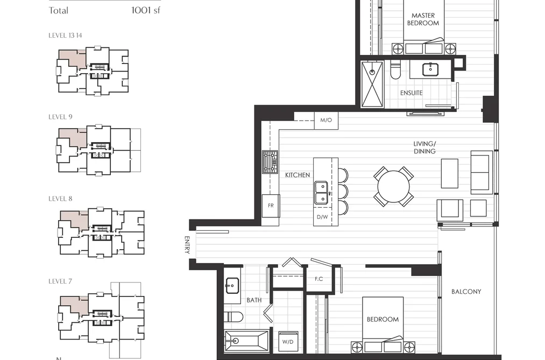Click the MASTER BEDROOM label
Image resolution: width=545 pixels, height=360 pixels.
[423, 19]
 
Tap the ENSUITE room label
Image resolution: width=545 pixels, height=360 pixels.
[411, 93]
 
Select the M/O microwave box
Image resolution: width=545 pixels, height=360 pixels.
[326, 120]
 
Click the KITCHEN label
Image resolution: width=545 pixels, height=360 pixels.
[298, 175]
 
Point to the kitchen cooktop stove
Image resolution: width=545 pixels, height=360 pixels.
[270, 162]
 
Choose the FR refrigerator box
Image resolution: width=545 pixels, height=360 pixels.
[271, 206]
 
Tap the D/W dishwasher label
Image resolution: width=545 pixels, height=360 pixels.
[322, 217]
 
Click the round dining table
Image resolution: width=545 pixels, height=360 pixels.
[393, 187]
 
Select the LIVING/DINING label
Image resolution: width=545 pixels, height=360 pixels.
[424, 147]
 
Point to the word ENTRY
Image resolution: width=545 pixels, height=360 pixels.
[187, 245]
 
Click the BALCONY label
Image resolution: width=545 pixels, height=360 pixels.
[466, 292]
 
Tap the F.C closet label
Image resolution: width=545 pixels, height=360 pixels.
[318, 279]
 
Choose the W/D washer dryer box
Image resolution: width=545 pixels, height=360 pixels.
[288, 342]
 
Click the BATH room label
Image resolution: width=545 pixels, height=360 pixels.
[254, 300]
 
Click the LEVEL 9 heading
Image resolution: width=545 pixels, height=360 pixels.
[60, 117]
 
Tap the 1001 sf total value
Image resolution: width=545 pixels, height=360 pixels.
[146, 10]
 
